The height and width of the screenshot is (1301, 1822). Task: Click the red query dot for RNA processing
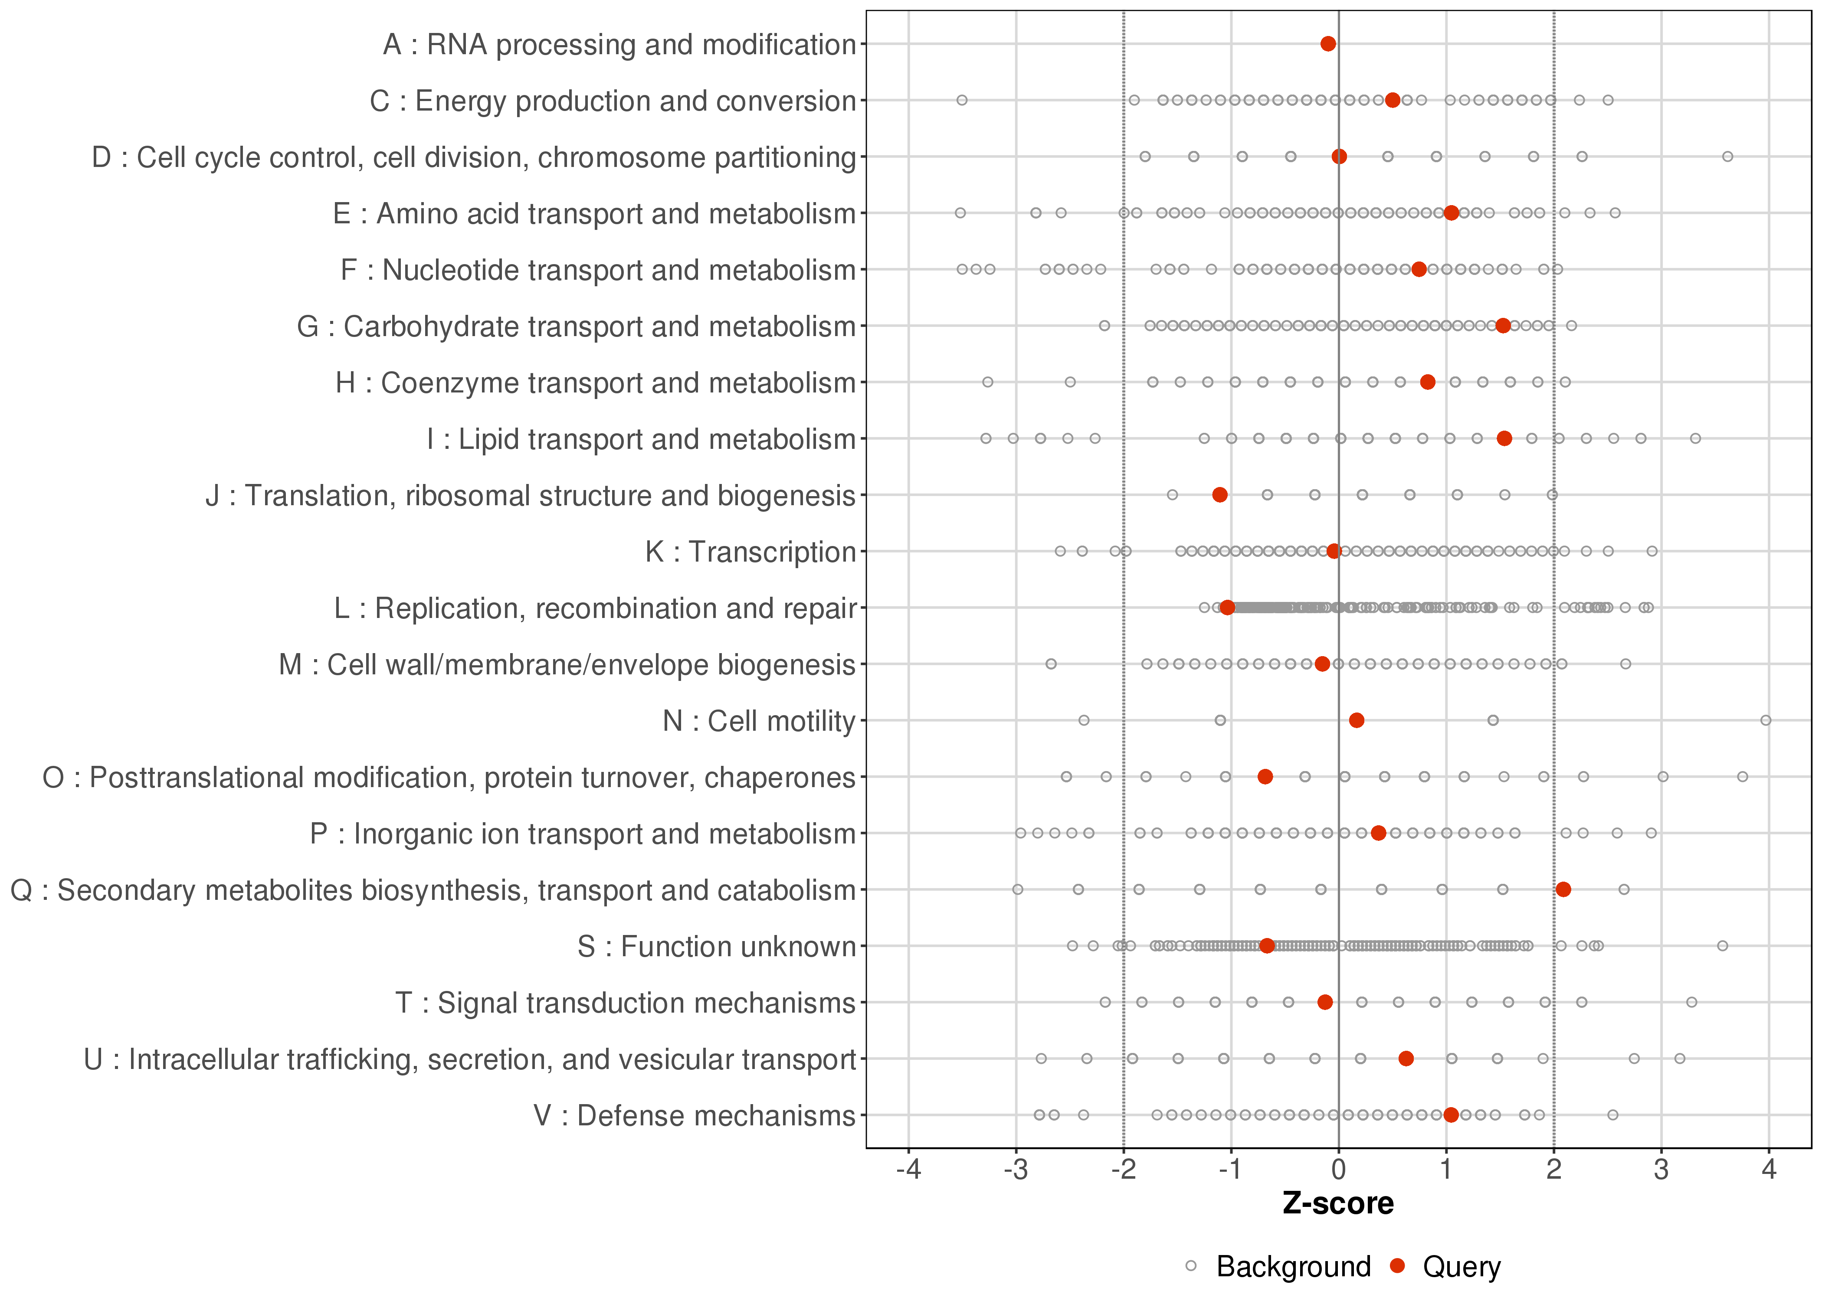tap(1327, 43)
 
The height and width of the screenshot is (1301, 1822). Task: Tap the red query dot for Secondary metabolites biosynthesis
tap(1563, 889)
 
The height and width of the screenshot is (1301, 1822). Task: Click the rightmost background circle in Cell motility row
tap(1765, 720)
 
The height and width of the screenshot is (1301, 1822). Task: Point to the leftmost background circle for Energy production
tap(961, 100)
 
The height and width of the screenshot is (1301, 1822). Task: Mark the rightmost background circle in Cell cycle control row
tap(1727, 156)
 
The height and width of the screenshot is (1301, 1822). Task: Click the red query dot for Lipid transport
tap(1504, 438)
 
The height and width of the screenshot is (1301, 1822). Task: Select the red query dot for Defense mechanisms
tap(1450, 1115)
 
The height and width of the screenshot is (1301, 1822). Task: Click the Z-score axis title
tap(1338, 1203)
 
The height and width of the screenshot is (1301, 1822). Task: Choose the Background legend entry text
tap(1293, 1267)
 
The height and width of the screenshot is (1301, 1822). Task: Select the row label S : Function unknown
tap(716, 946)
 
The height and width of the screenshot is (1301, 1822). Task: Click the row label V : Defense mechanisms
tap(695, 1115)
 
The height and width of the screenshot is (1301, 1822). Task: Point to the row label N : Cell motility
tap(759, 721)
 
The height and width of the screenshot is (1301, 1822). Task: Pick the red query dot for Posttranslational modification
tap(1265, 776)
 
